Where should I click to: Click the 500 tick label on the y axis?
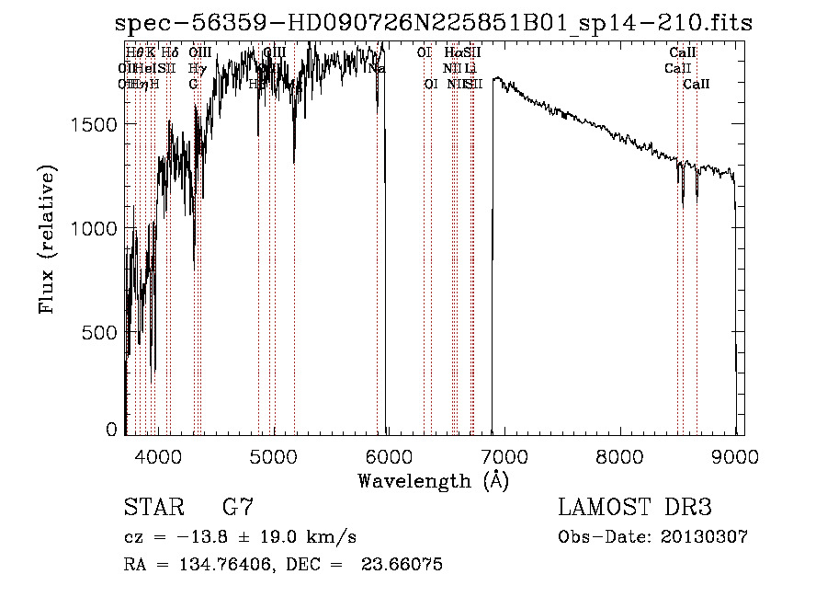click(101, 332)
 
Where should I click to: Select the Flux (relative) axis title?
click(46, 239)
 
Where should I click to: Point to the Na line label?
click(376, 68)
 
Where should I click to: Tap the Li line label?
click(470, 68)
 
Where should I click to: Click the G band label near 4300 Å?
click(193, 84)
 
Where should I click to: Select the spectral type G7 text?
click(238, 508)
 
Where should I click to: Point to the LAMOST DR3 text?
click(635, 508)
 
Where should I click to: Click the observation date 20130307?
click(704, 536)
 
